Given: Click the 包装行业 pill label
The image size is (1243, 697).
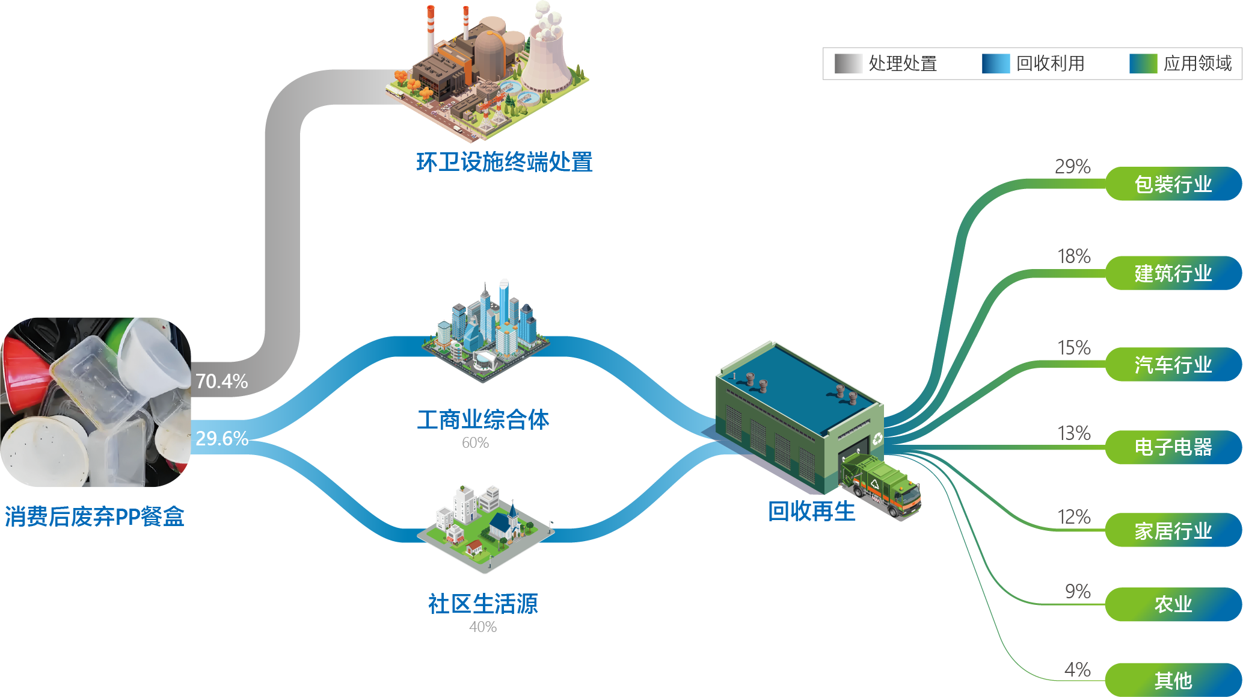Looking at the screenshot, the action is coord(1173,184).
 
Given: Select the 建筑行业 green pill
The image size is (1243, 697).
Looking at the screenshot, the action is coord(1173,273).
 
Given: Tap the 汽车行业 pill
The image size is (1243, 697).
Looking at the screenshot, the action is coord(1173,364).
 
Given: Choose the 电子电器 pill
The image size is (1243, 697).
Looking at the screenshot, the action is coord(1173,447).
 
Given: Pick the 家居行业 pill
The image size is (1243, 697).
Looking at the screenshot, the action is coord(1173,530).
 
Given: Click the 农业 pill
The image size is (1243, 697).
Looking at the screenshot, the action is coord(1173,604).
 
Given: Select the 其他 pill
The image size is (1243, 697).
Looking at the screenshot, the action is coord(1173,680).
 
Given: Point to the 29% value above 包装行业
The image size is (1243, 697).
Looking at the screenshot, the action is coord(1073,167).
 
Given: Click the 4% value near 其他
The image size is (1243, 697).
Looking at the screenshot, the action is coord(1078,669).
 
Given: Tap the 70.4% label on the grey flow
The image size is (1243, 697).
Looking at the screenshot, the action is coord(222,381).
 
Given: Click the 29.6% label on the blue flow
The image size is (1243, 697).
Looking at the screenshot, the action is coord(222,438).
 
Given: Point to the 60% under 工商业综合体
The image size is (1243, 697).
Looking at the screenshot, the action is coord(475,443).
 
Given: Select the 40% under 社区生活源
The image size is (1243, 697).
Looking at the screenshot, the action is coord(483,627).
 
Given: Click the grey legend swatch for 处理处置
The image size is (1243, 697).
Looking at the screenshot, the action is coord(849,63).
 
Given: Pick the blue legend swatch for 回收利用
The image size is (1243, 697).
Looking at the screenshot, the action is coord(996,63).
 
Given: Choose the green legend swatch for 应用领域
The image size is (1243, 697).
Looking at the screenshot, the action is coord(1143,63).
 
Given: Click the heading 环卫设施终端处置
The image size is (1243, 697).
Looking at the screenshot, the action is coord(505,162).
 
